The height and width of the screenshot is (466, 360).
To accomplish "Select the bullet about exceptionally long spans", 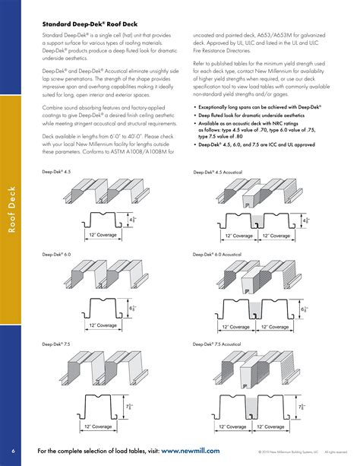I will (251, 109).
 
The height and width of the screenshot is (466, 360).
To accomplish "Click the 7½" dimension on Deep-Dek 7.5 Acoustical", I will (302, 409).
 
